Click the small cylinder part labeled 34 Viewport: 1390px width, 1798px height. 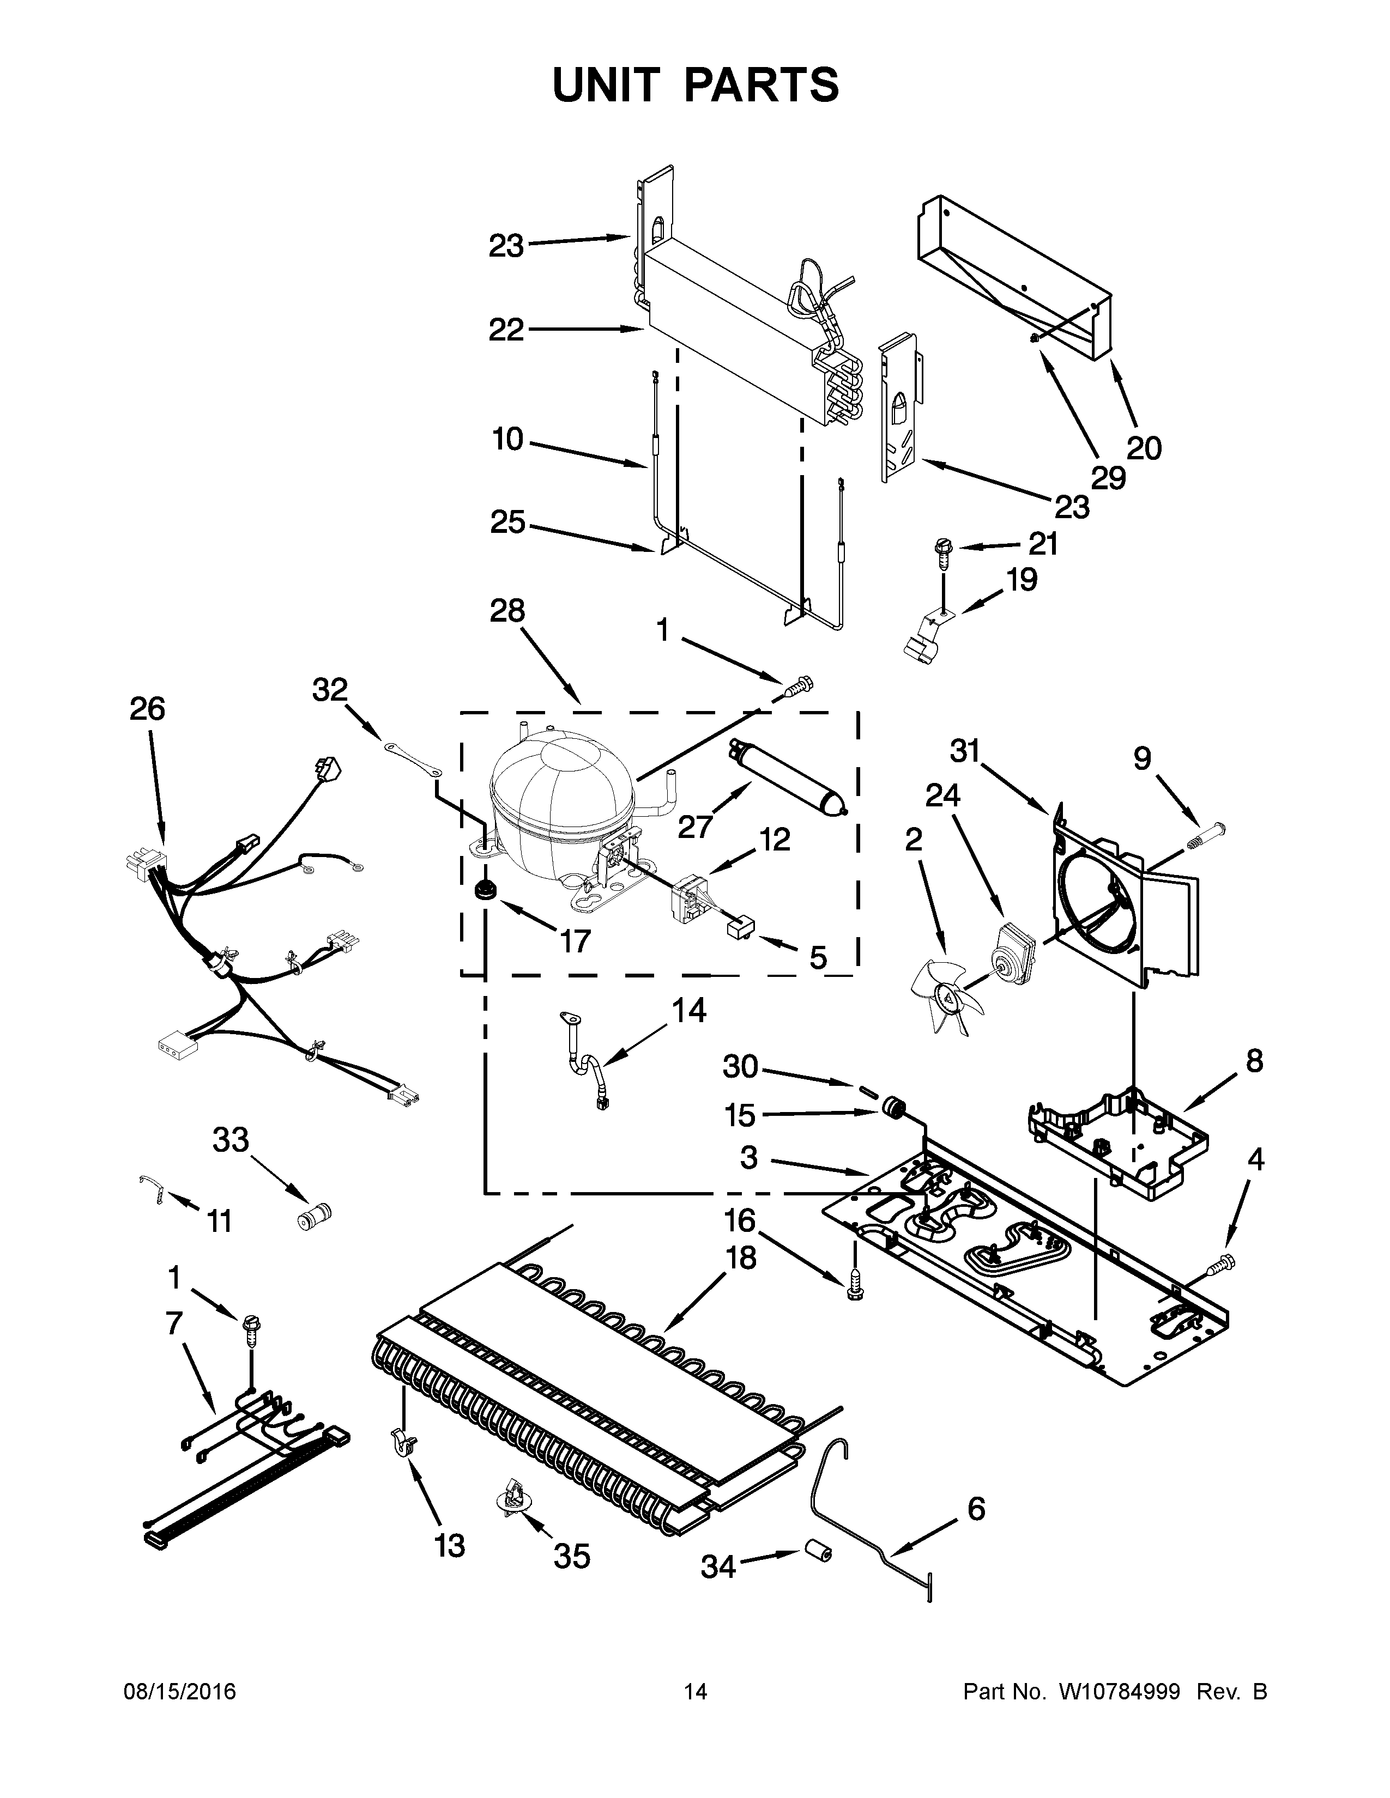(x=818, y=1552)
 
